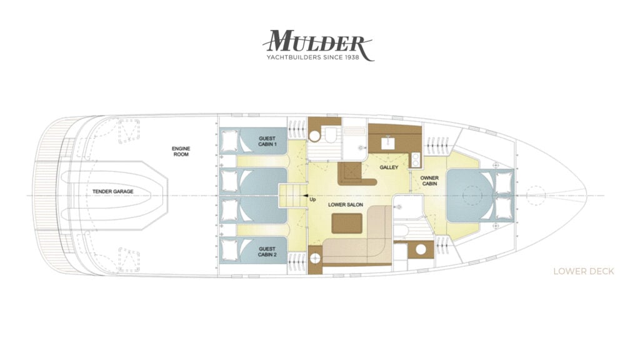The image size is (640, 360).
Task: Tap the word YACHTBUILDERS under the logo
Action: tap(294, 57)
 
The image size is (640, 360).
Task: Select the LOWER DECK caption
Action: tap(583, 271)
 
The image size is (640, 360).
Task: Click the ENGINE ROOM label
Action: tap(181, 151)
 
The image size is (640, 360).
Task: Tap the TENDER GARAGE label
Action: tap(112, 191)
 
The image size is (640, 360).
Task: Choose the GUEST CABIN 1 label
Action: tap(267, 141)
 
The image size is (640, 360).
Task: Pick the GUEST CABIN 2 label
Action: tap(267, 251)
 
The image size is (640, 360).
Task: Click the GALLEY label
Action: tap(389, 167)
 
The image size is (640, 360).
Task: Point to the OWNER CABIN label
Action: tap(429, 181)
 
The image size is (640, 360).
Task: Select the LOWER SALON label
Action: tap(345, 205)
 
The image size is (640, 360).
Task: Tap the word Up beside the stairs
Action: tap(312, 200)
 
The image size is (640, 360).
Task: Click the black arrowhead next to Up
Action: tap(305, 196)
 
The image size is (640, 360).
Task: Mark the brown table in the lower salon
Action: tap(346, 223)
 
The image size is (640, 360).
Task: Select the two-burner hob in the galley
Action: tap(416, 159)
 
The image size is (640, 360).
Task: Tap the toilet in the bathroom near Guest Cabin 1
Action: tap(329, 135)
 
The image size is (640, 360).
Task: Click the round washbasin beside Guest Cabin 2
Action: tap(314, 258)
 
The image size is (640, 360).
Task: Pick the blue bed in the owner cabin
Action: tap(470, 196)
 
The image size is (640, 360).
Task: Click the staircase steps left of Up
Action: tap(292, 196)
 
